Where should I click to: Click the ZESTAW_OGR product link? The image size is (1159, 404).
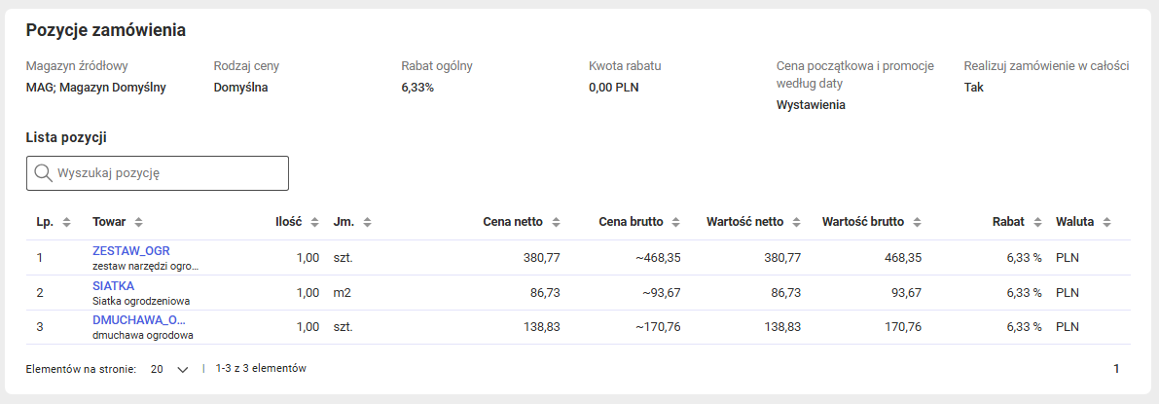click(130, 251)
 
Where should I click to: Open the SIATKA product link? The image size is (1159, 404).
click(113, 285)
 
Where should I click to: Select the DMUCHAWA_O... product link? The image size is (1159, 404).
click(139, 320)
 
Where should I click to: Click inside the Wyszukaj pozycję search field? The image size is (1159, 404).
click(158, 173)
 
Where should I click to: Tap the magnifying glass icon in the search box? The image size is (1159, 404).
click(43, 173)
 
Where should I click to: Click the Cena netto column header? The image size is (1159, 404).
click(513, 221)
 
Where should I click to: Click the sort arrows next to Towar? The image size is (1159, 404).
click(139, 222)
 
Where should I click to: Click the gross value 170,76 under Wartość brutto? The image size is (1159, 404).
click(903, 327)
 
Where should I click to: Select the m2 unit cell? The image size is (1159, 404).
click(343, 292)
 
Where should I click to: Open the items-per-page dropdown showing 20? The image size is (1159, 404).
click(169, 369)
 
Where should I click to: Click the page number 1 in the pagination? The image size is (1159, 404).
click(1116, 369)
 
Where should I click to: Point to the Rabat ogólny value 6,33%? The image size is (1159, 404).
click(417, 88)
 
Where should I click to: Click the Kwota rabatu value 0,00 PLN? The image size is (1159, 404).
click(613, 88)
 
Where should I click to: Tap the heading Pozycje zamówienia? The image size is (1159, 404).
click(106, 30)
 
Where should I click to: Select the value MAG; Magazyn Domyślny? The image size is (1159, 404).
click(96, 88)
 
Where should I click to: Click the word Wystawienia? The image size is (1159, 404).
click(811, 105)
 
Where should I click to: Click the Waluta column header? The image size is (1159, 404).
click(1074, 221)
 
